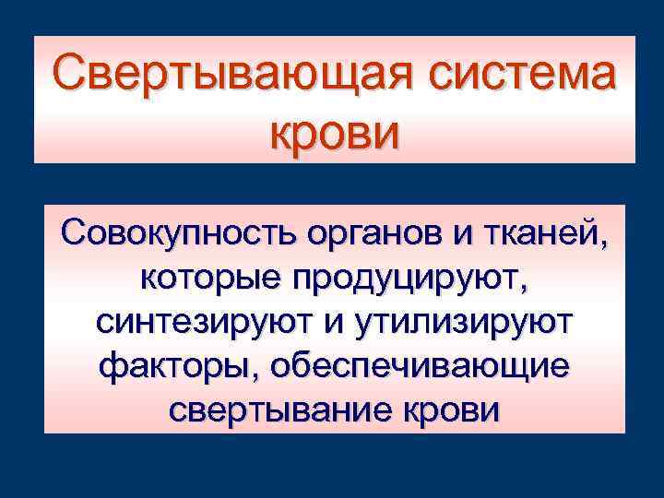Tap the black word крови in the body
click(449, 412)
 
